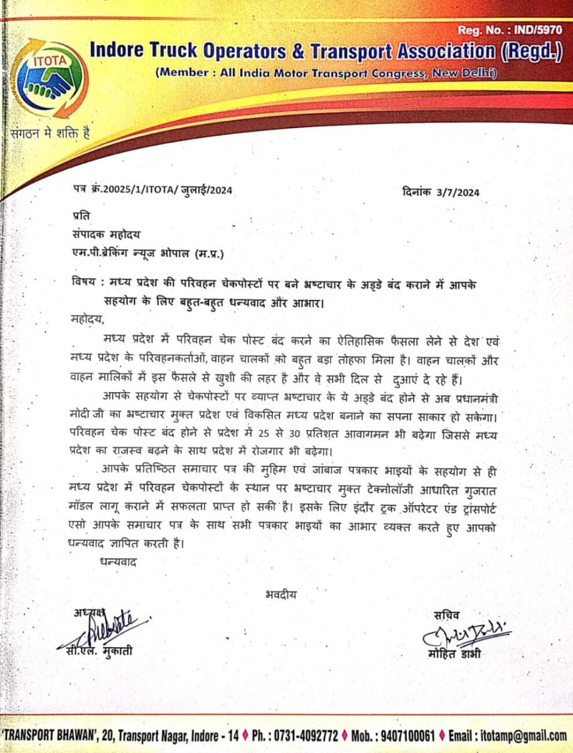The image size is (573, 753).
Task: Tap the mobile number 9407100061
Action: point(405,735)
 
